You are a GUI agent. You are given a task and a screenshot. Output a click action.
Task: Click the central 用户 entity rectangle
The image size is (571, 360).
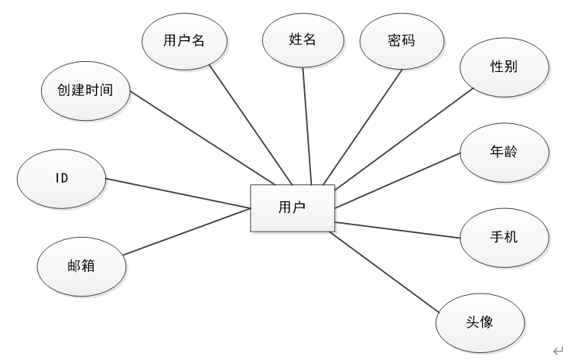292,207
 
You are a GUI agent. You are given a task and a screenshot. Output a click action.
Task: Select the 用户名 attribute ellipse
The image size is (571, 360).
185,41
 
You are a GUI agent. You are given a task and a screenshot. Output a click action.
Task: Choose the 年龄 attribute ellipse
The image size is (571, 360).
504,152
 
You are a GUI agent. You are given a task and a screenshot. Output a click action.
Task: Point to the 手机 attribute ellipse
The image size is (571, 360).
504,235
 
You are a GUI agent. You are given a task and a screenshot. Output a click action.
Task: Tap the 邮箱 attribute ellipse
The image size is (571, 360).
80,266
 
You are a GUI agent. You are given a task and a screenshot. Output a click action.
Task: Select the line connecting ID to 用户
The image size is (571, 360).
178,193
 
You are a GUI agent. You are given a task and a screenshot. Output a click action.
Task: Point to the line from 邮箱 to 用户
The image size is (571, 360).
186,231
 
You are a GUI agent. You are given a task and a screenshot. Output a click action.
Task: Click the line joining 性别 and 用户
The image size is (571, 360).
402,139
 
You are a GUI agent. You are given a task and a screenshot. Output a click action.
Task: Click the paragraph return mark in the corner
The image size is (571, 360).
558,350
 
